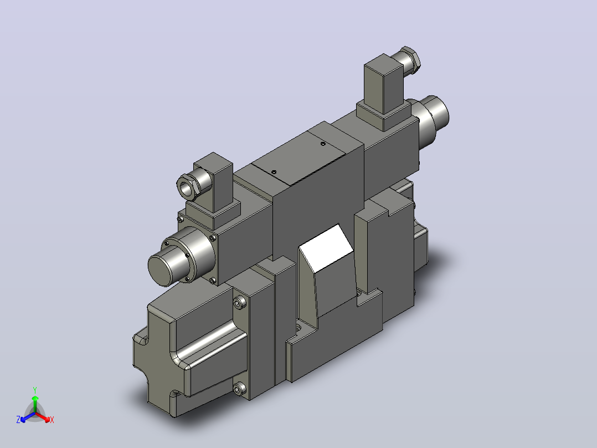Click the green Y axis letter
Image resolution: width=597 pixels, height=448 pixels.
pos(35,390)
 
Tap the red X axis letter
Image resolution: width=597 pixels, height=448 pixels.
pos(52,420)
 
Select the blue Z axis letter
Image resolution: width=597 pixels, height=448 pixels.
pos(18,420)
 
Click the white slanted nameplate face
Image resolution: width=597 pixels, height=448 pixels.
pos(326,248)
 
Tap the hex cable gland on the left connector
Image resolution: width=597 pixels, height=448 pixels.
pos(188,186)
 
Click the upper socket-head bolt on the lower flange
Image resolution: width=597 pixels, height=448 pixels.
pos(239,303)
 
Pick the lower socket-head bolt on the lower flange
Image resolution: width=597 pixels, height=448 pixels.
pos(239,389)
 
